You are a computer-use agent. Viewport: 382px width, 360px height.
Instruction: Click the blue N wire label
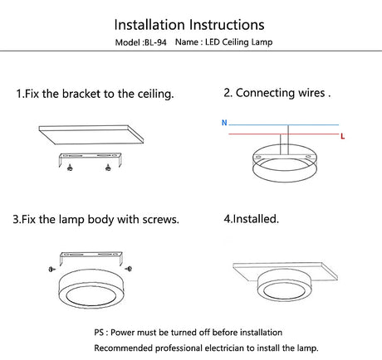click(224, 123)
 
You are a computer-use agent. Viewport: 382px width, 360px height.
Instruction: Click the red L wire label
click(343, 136)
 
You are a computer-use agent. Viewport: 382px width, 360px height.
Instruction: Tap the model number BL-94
click(155, 42)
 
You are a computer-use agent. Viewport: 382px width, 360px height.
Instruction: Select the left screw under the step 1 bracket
click(70, 167)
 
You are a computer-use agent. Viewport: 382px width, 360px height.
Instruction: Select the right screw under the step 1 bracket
click(108, 167)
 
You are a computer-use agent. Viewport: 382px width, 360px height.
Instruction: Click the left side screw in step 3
click(51, 269)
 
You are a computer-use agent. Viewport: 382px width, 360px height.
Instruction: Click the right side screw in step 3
click(129, 268)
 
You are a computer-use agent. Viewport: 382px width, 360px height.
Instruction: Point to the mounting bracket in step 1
click(90, 155)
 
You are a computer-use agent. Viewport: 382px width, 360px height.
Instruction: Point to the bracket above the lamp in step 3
click(91, 254)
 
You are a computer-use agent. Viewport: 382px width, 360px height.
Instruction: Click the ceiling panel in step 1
click(91, 134)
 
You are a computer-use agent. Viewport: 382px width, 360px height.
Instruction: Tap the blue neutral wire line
click(284, 125)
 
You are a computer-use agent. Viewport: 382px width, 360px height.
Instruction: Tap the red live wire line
click(284, 134)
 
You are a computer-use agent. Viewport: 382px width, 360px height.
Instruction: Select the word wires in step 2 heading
click(311, 93)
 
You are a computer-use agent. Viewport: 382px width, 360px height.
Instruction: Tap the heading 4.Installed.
click(251, 219)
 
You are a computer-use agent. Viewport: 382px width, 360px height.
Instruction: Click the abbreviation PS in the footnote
click(99, 333)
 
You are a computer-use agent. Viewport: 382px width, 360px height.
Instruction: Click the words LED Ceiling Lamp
click(238, 42)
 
